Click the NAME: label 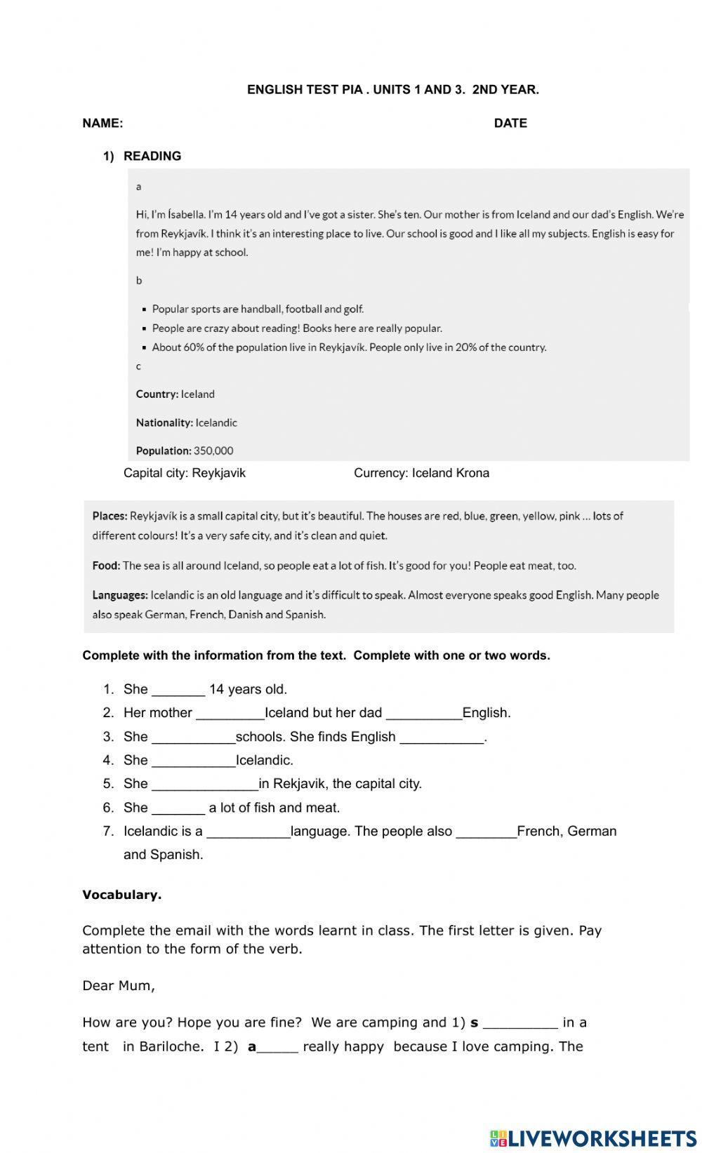coord(102,124)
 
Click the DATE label coord(510,124)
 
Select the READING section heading coord(152,156)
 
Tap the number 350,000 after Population coord(213,451)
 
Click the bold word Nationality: coord(164,422)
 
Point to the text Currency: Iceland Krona coord(421,473)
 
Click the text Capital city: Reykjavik coord(185,473)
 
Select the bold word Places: coord(110,516)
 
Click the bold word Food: coord(107,566)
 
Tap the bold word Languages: coord(120,595)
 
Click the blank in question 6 coord(178,809)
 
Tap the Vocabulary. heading coord(122,895)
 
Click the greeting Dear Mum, coord(119,986)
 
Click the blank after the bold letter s coord(520,1024)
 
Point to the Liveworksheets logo coord(593,1138)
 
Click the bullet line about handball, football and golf coord(258,309)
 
